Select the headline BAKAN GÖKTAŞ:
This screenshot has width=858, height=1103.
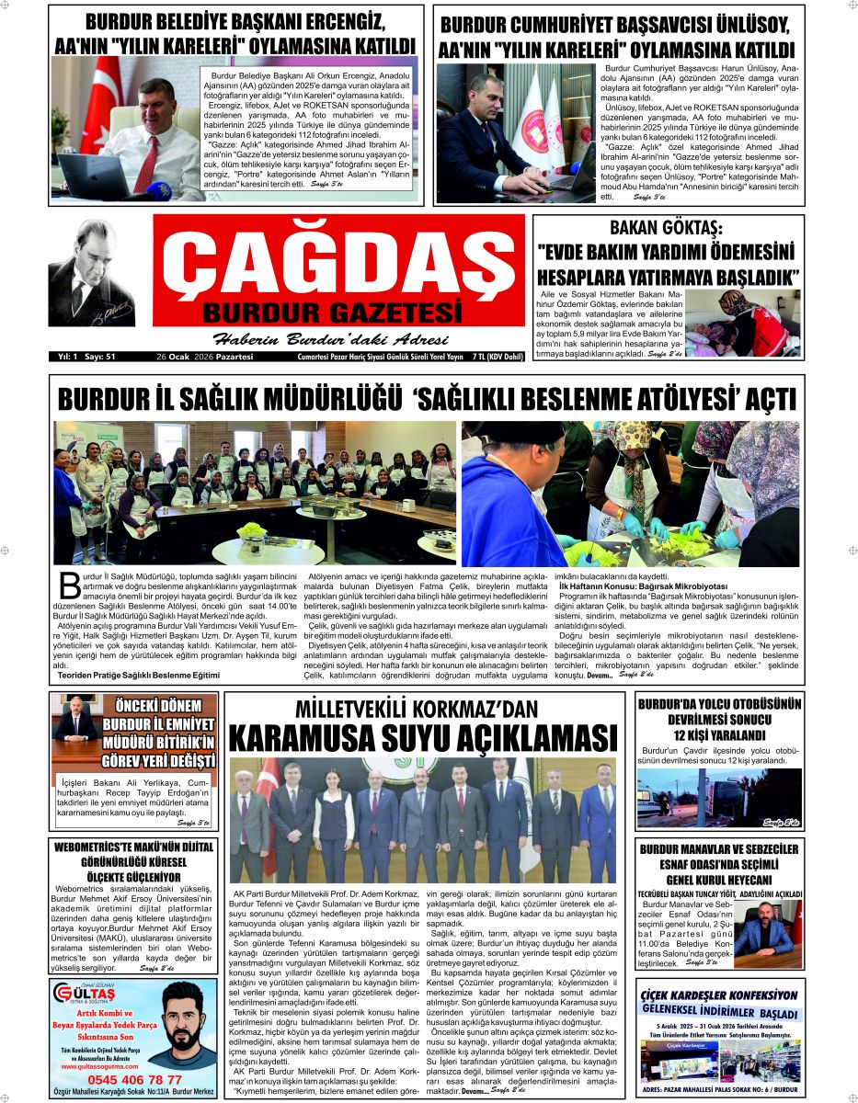(668, 228)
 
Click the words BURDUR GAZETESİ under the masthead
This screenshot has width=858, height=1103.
(332, 310)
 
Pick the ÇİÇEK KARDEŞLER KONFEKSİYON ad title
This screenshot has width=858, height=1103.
(720, 995)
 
